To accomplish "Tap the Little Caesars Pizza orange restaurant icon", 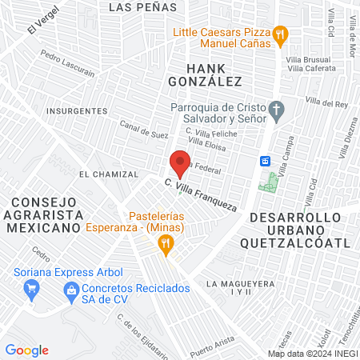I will [279, 34].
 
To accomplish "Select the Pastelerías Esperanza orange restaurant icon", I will [166, 246].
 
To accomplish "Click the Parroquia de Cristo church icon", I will [276, 110].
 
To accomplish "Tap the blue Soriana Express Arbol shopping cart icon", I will [32, 289].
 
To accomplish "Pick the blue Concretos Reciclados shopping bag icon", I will [72, 289].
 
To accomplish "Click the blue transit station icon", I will [264, 160].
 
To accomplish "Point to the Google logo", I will [26, 350].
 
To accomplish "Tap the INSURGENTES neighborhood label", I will [77, 110].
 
